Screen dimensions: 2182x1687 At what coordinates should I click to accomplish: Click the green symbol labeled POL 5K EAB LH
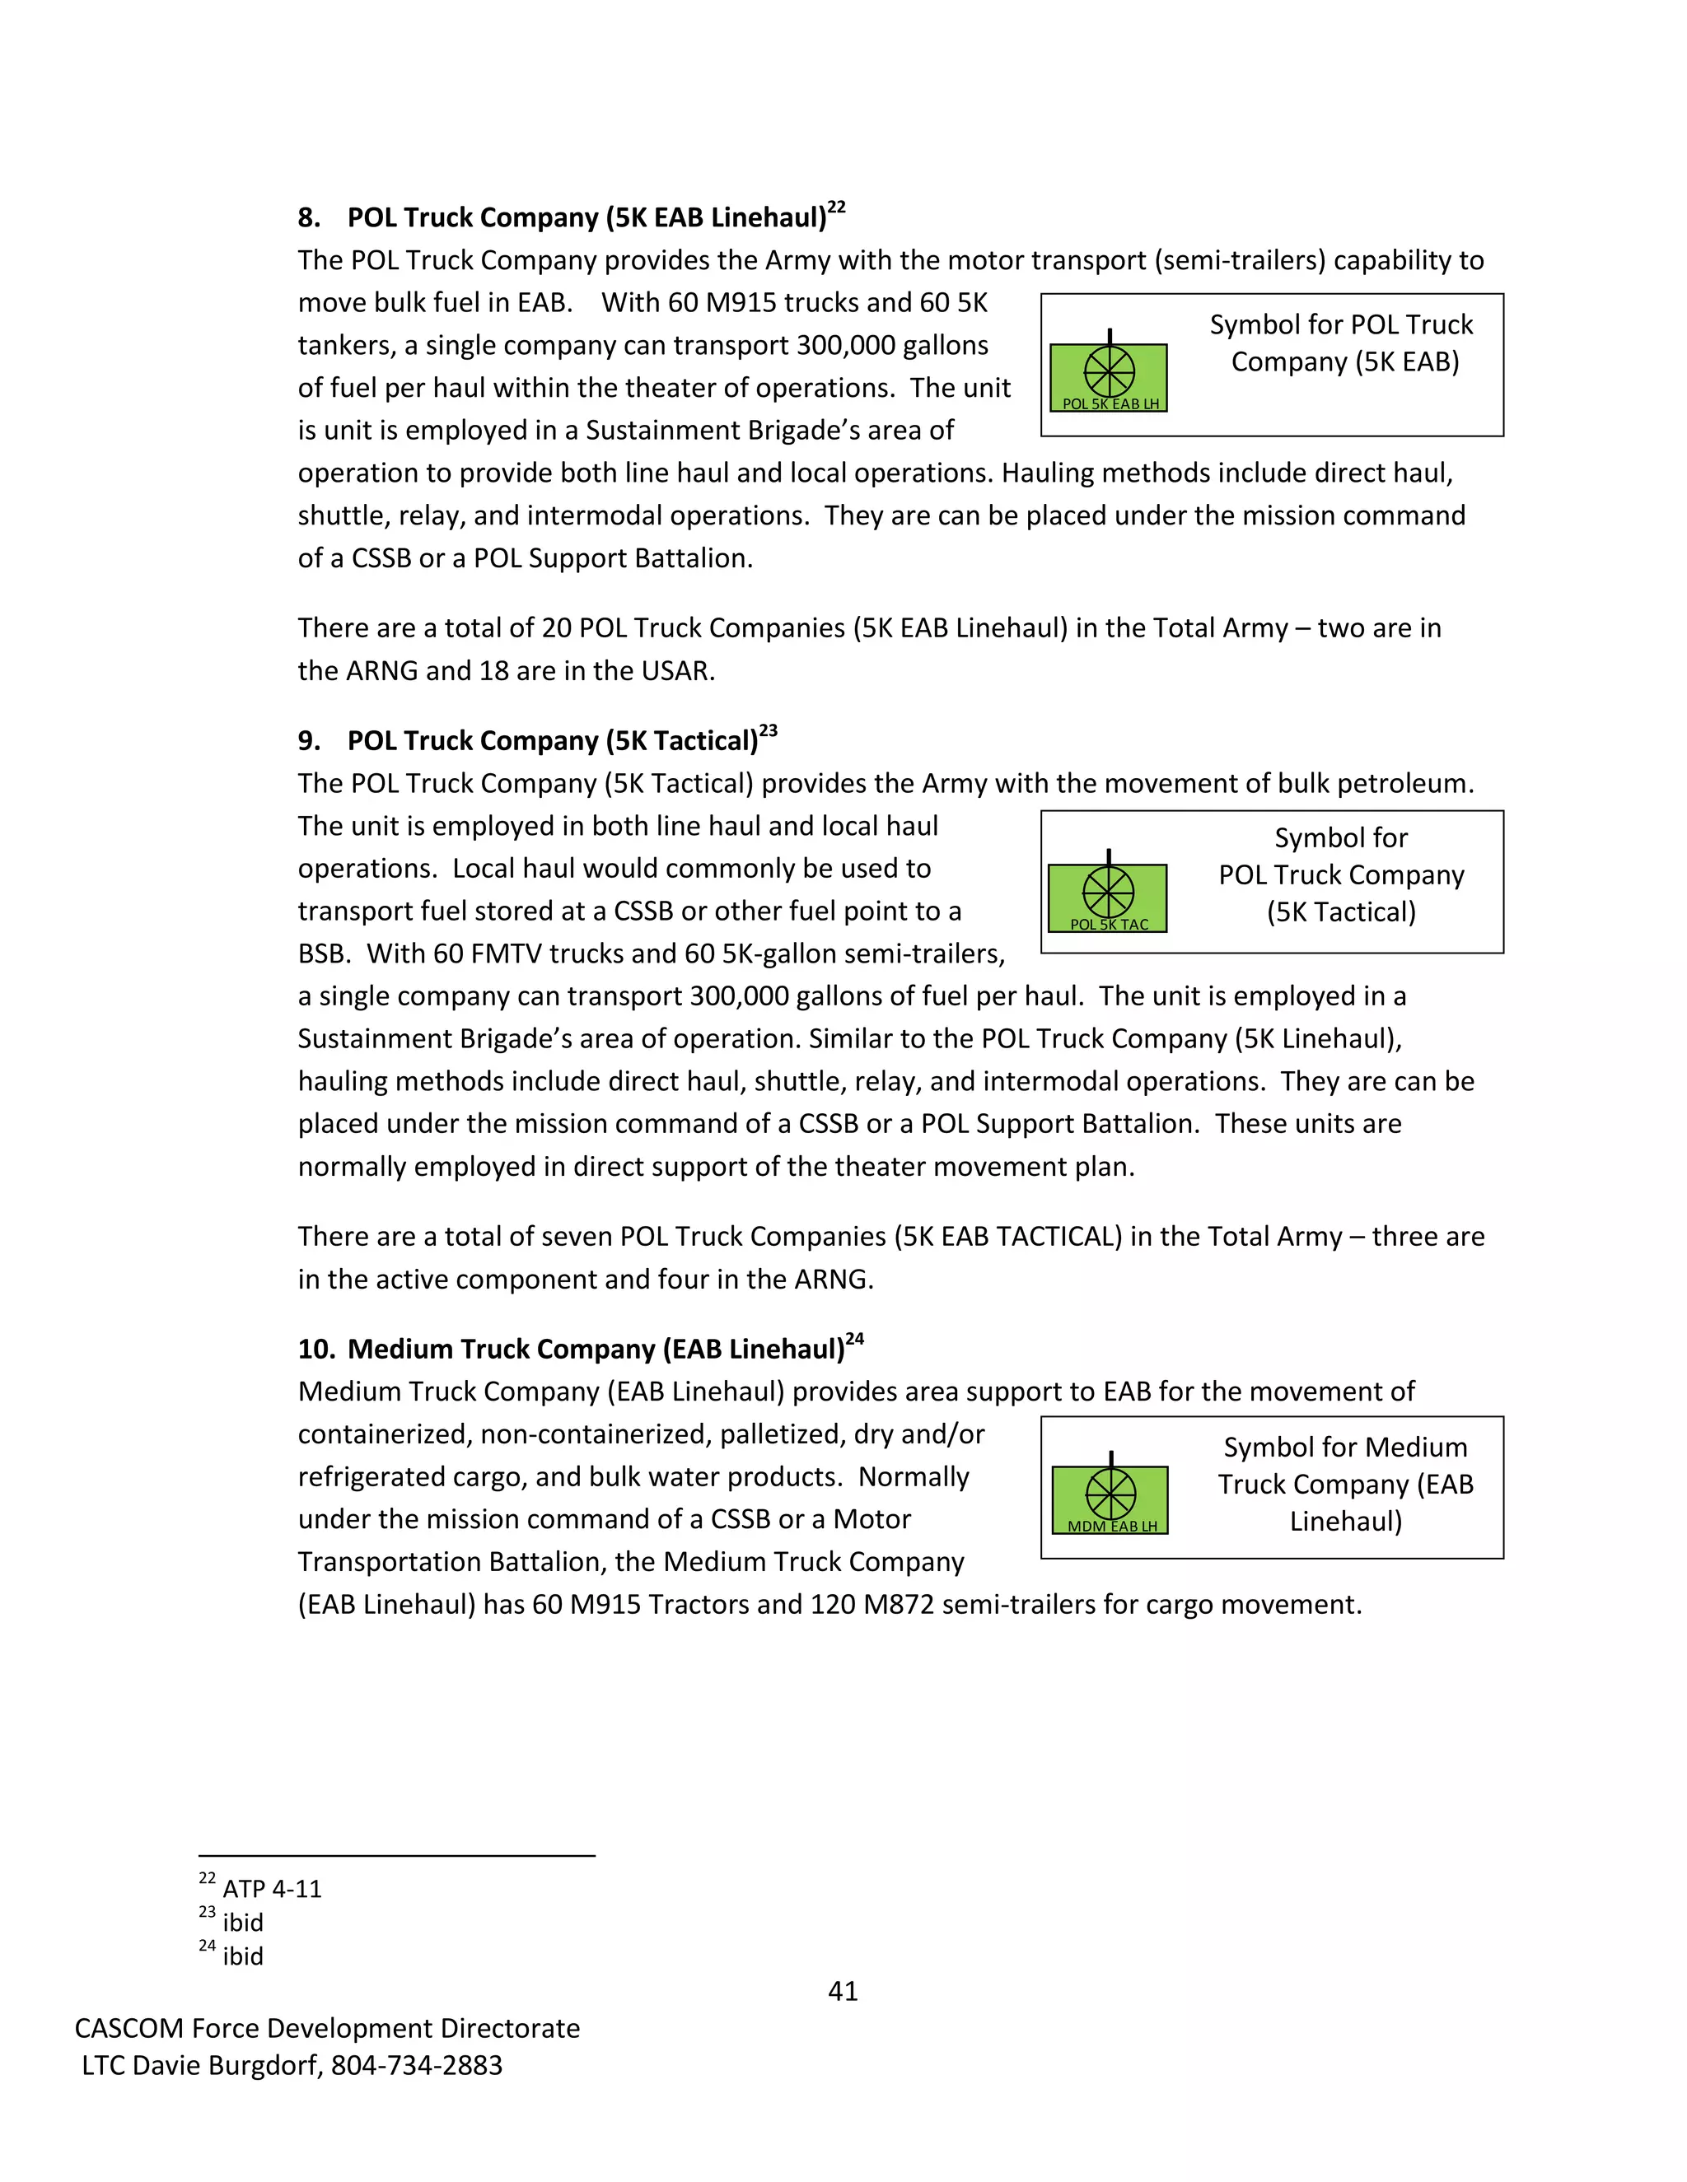tap(1109, 376)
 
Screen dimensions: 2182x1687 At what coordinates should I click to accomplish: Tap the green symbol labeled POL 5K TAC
tap(1107, 896)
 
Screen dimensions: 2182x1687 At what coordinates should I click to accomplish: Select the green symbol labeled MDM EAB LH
tap(1110, 1499)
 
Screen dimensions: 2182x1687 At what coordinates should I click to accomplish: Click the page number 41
tap(843, 1991)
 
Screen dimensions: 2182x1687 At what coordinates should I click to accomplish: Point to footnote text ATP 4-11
tap(272, 1889)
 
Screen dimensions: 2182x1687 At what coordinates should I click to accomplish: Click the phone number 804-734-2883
tap(417, 2065)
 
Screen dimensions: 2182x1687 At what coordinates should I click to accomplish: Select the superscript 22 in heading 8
tap(837, 207)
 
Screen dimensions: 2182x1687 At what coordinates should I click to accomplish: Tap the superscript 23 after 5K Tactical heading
tap(768, 730)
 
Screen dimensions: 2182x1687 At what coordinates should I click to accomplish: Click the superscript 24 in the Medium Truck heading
tap(854, 1339)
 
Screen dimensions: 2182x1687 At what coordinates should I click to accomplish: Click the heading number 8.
tap(309, 219)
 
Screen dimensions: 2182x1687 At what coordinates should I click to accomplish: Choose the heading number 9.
tap(309, 741)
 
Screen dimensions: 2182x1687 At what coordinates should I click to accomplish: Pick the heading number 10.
tap(315, 1350)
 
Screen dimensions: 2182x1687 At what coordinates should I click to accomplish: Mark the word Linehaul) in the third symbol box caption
tap(1345, 1522)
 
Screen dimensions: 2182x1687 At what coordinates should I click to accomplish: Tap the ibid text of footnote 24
tap(243, 1956)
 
